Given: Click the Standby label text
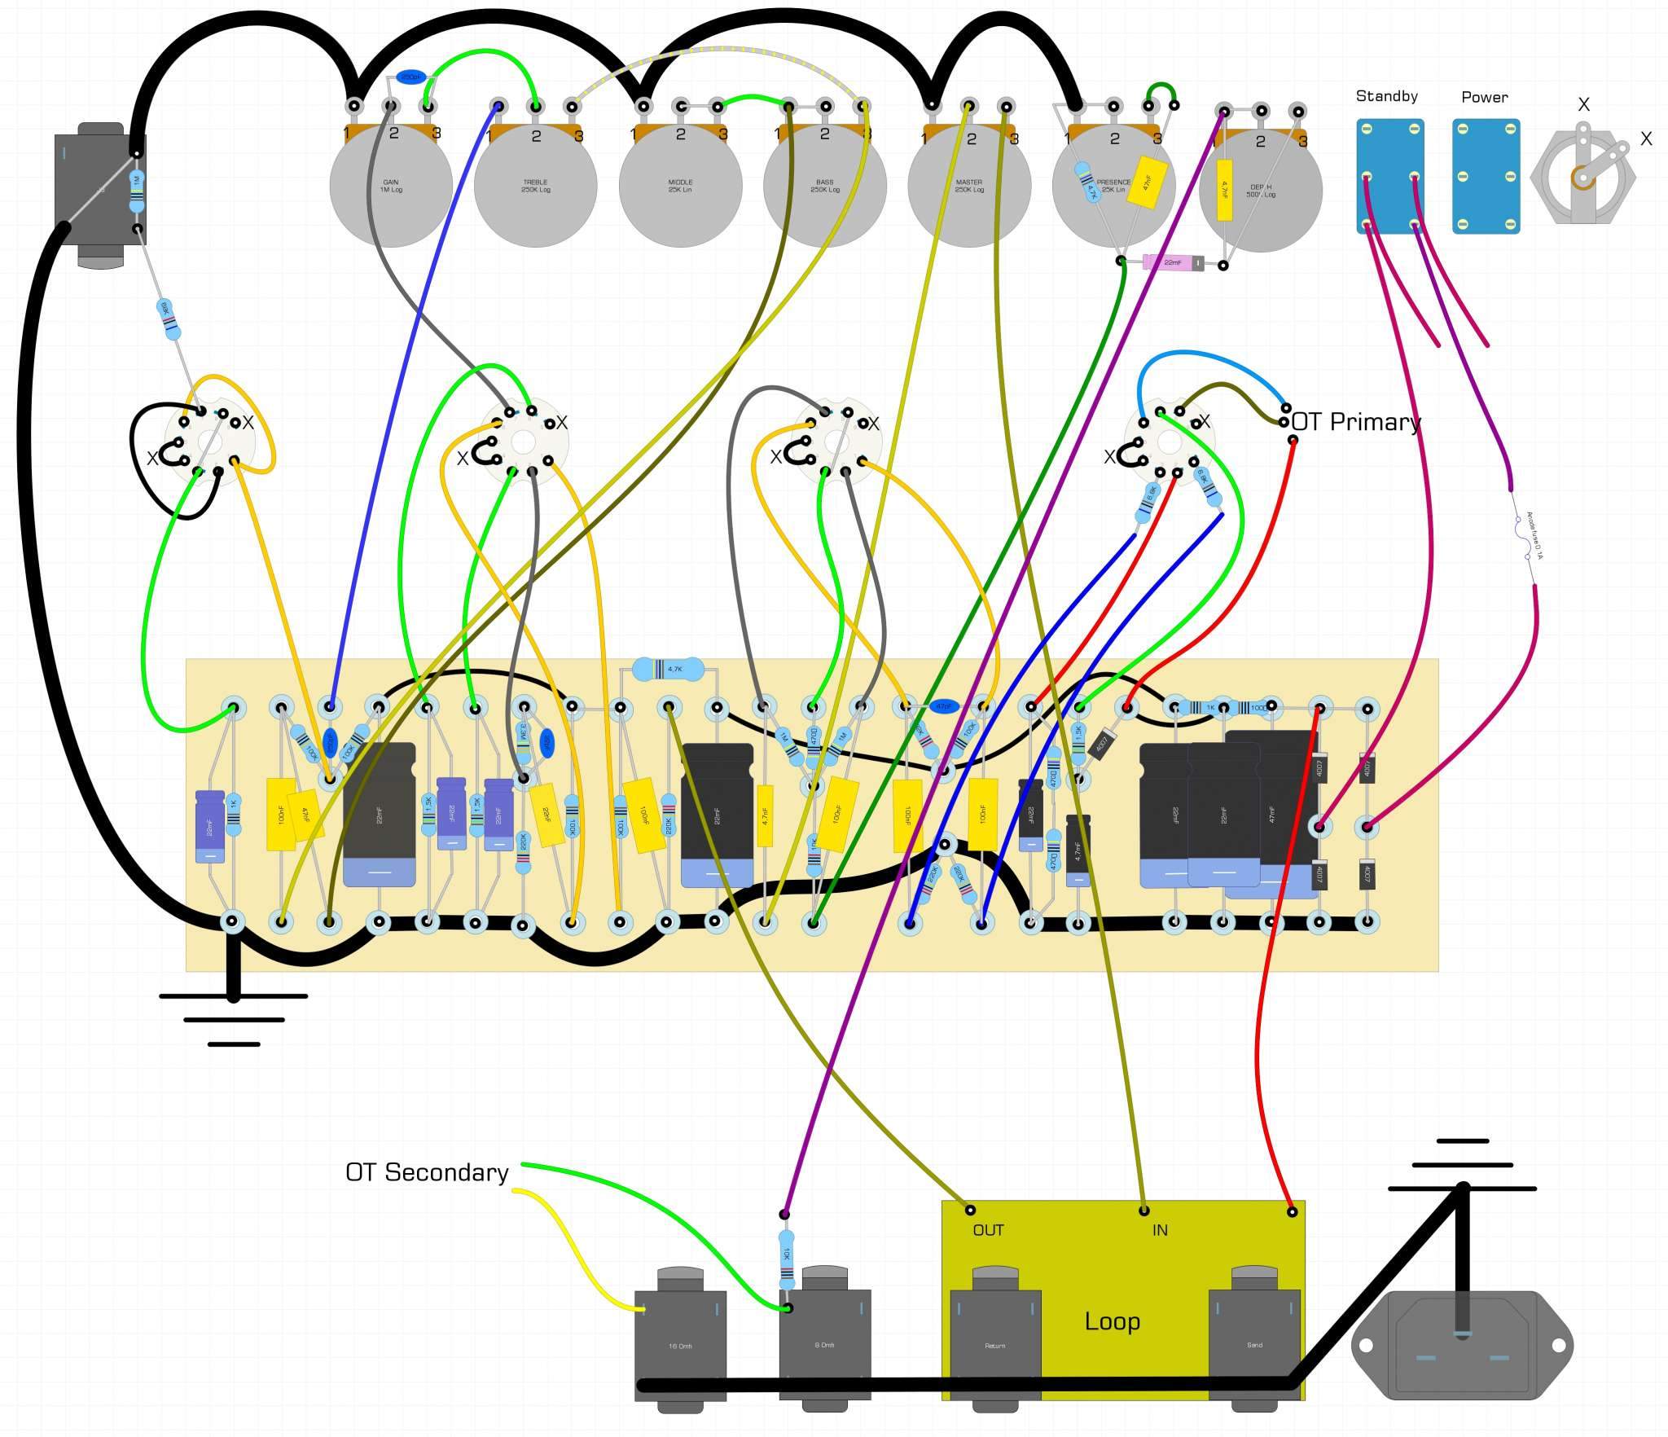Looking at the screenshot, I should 1386,96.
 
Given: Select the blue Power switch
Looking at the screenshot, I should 1486,176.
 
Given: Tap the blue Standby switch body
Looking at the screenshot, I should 1390,176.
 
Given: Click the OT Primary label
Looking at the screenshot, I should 1355,422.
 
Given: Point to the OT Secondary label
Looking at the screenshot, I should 427,1172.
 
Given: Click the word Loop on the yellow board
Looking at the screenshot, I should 1112,1321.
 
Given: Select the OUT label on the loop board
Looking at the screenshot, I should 988,1230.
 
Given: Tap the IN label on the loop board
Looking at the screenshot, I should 1160,1230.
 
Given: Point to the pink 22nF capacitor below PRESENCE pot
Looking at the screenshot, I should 1173,262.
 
